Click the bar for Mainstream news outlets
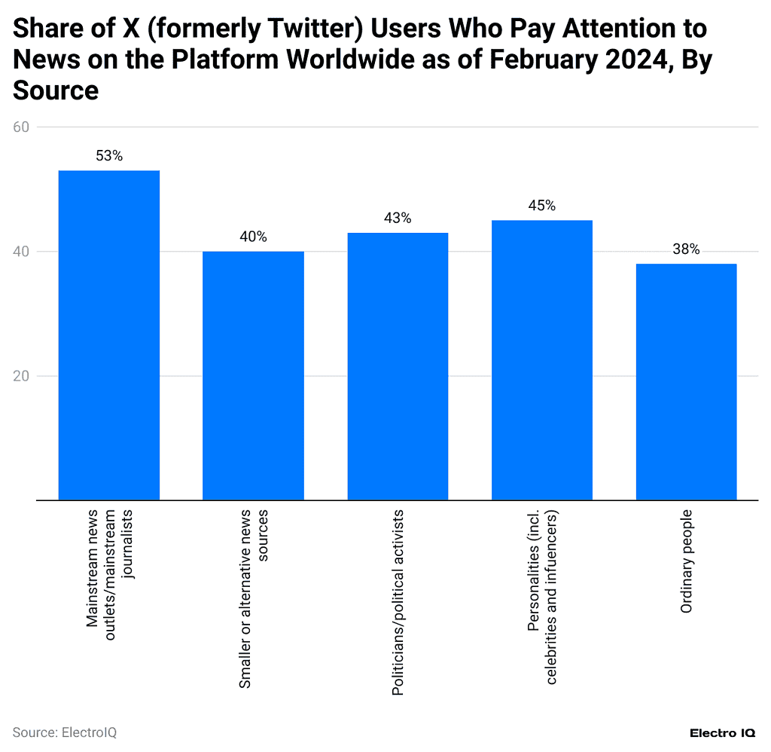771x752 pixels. coord(109,335)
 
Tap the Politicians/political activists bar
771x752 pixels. coord(398,366)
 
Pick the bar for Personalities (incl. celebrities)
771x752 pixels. coord(542,359)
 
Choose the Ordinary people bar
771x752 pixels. coord(686,381)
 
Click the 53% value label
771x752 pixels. coord(109,156)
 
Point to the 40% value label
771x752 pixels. coord(253,237)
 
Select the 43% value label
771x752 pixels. coord(398,218)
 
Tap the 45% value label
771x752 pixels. coord(542,206)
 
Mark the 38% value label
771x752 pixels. coord(686,249)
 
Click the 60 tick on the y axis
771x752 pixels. coord(21,127)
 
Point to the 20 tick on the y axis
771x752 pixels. coord(21,376)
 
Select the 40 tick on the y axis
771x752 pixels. coord(21,252)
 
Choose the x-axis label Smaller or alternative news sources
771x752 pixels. coord(253,599)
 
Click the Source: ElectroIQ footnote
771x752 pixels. coord(65,732)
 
